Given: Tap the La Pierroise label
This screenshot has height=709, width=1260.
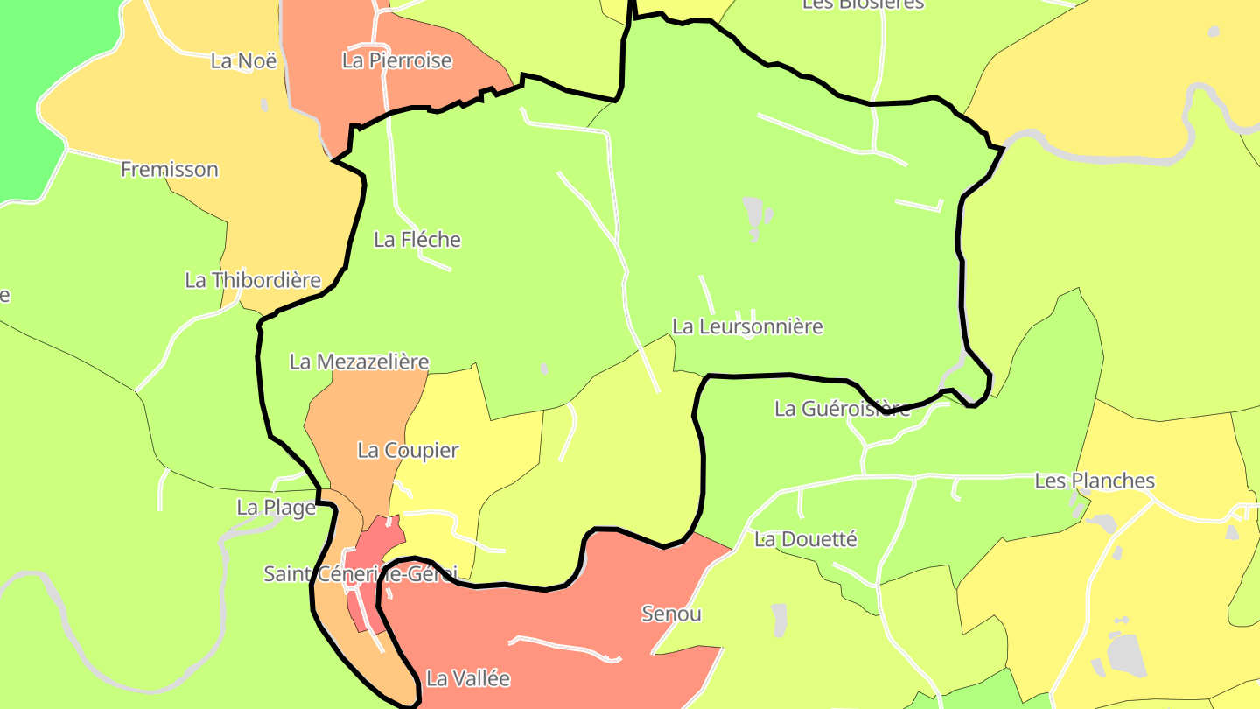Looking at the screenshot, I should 397,61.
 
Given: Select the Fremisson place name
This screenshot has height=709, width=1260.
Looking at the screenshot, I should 169,170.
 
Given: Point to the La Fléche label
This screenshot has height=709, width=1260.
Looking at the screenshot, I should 416,240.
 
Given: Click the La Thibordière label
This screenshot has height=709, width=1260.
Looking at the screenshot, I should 253,281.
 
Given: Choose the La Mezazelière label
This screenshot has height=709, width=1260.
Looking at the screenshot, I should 359,362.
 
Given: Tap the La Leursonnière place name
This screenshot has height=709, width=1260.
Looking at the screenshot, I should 747,327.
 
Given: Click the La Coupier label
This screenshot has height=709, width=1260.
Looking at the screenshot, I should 408,451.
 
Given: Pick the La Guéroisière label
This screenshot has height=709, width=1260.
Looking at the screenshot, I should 842,409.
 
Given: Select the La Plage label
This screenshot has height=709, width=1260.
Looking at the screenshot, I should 276,508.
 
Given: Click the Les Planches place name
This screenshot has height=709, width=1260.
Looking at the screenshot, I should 1095,481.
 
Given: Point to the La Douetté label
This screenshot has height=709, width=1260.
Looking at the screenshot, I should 805,539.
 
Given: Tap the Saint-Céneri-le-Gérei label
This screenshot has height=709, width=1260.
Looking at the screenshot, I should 360,574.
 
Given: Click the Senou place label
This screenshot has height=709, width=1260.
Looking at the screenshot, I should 671,614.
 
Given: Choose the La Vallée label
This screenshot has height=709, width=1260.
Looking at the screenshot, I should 467,678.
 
